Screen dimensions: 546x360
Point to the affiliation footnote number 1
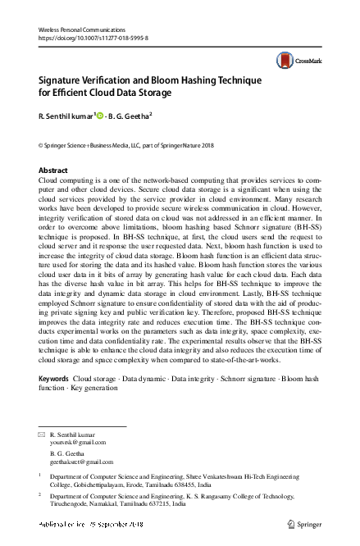(40, 474)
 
